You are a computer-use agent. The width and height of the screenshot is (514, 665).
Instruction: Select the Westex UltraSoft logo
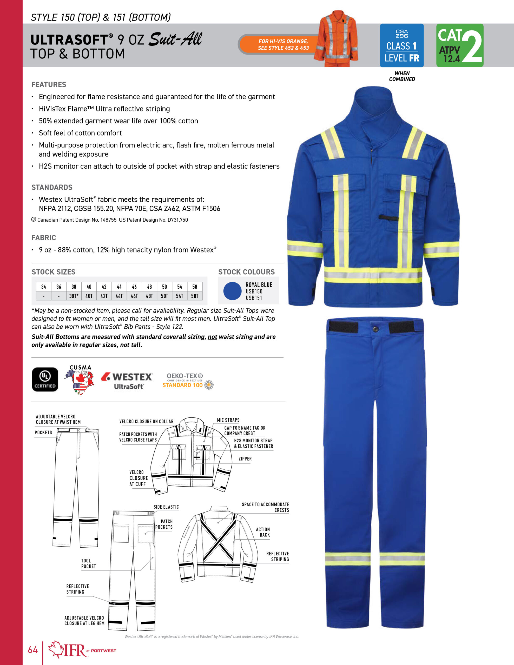(127, 381)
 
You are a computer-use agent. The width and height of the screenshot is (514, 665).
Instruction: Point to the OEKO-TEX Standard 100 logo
(188, 381)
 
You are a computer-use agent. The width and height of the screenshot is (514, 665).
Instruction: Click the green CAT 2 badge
(459, 45)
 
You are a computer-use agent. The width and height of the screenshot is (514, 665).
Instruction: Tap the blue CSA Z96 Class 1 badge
(401, 45)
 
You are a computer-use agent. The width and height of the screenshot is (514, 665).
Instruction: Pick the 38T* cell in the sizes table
(74, 296)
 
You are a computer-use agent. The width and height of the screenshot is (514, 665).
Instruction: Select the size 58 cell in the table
(195, 287)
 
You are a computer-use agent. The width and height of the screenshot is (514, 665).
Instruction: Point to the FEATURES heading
(49, 85)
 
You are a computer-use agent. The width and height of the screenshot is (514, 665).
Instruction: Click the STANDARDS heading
(52, 187)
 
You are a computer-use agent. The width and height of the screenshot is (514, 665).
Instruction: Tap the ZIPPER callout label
(245, 458)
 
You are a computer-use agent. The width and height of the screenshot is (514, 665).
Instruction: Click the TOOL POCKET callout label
(88, 563)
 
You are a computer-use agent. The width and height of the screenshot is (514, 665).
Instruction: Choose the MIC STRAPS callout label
(228, 420)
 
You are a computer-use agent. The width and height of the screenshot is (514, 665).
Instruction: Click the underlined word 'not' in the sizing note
(212, 337)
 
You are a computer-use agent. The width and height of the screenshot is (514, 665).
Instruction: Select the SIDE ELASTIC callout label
(166, 507)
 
